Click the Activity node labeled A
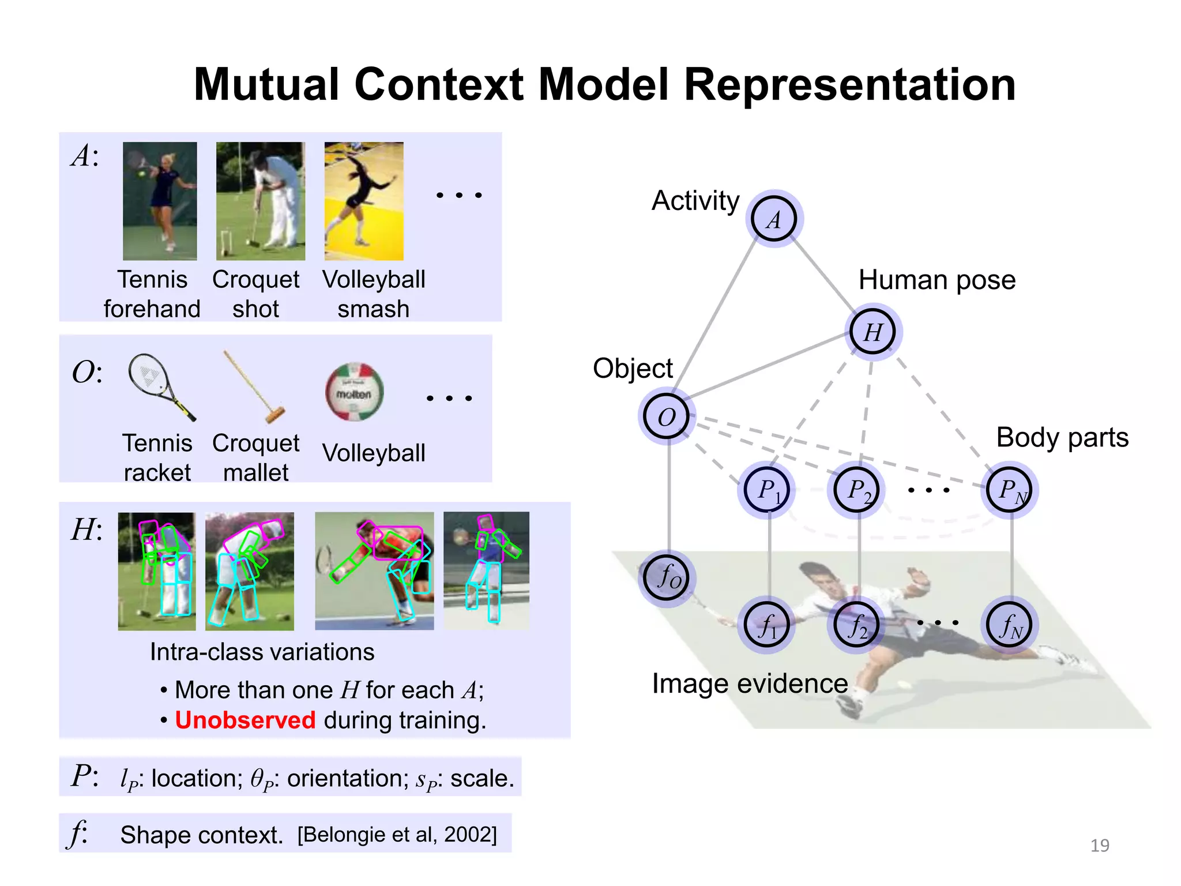pos(774,219)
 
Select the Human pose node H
pos(873,332)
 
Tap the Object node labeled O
pos(667,416)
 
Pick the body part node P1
pos(766,490)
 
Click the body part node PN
pos(1009,490)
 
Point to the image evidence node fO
pos(667,577)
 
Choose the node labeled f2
pos(856,625)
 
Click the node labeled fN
pos(1009,625)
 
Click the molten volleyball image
pos(354,392)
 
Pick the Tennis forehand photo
pos(160,201)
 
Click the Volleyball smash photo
pos(364,201)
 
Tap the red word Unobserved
pos(245,720)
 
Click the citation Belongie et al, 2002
pos(397,834)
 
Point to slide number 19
pos(1100,845)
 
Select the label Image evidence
pos(749,684)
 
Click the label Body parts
pos(1062,437)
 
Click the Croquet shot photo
pos(260,201)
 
